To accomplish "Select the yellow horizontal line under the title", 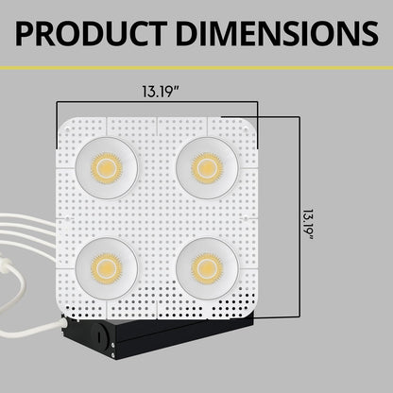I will tap(196, 68).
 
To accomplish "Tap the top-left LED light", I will tap(107, 167).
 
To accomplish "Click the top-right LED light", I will tap(207, 167).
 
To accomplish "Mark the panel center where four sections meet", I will tap(157, 218).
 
